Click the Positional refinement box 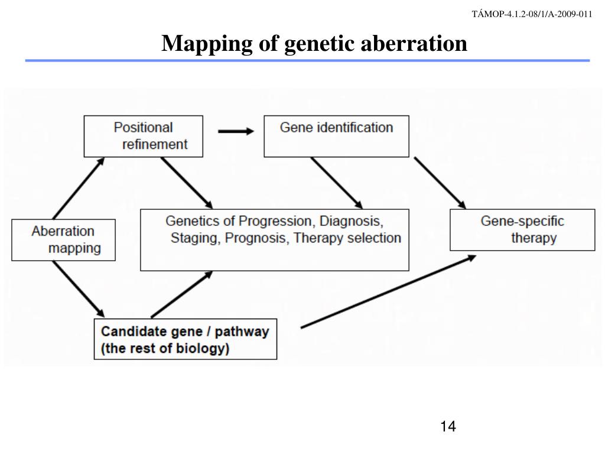coord(144,136)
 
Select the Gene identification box coord(336,136)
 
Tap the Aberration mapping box coord(64,239)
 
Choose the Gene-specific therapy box coord(522,230)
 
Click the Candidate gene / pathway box coord(186,339)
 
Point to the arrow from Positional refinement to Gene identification coord(235,131)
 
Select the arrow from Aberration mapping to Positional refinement coord(79,188)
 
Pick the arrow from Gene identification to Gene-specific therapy coord(440,183)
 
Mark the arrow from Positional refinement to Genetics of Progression coord(186,183)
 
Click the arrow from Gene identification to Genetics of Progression coord(336,183)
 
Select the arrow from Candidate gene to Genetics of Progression coord(181,294)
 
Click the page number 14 coord(448,426)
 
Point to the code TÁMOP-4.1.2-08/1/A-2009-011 coord(532,15)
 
